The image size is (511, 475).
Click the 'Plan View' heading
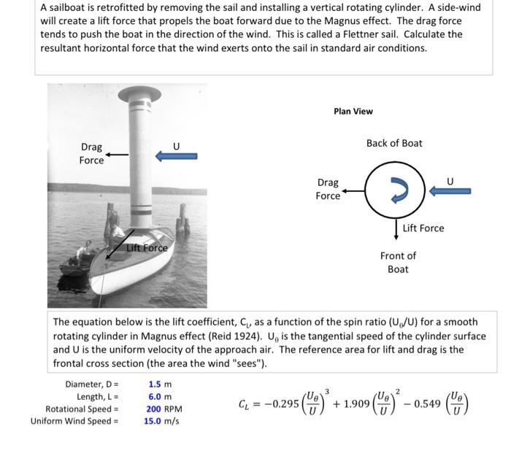coord(353,111)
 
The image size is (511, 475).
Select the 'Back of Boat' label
coord(394,143)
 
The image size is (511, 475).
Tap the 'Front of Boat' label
coord(398,262)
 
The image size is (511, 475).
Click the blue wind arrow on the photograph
coord(176,155)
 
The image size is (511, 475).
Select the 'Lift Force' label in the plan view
coord(423,228)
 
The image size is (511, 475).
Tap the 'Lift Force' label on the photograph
coord(147,248)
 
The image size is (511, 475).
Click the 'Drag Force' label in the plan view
coord(328,189)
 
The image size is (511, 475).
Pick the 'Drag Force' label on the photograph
coord(91,153)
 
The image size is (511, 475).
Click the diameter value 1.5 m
coord(160,384)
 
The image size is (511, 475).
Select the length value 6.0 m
coord(160,396)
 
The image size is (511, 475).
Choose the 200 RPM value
coord(165,409)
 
